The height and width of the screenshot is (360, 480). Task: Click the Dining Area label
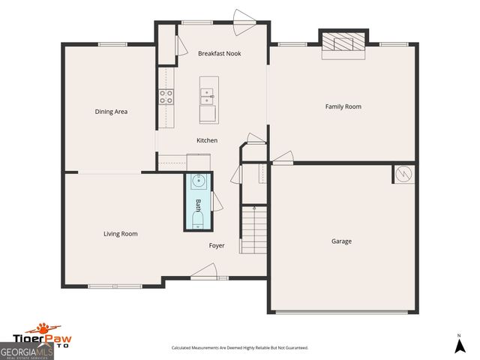[111, 112]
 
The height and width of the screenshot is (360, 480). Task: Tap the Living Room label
[121, 234]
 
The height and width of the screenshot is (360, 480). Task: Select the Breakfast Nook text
[220, 53]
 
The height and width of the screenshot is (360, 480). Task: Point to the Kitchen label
[207, 140]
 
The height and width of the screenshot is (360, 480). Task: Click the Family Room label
[343, 106]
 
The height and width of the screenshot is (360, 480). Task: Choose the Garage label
[341, 241]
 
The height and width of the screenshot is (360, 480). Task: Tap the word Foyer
[217, 245]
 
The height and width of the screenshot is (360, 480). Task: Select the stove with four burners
[166, 96]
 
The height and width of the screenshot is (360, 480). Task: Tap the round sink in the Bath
[199, 181]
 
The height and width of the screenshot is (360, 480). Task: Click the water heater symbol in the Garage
[403, 173]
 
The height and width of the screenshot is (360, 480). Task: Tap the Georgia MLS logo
[26, 351]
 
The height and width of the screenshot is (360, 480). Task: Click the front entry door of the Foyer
[204, 272]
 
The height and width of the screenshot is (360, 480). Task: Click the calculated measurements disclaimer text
[239, 348]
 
